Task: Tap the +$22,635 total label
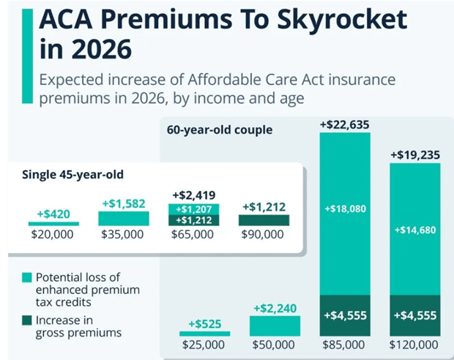click(x=345, y=125)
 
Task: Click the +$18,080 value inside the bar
click(x=345, y=209)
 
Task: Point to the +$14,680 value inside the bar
click(x=415, y=230)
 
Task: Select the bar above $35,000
click(x=123, y=219)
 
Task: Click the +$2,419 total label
click(x=193, y=196)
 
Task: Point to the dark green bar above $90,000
click(x=264, y=220)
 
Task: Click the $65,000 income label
click(x=193, y=235)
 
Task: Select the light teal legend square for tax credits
click(x=27, y=277)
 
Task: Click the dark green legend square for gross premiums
click(x=27, y=320)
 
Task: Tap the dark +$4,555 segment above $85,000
click(x=345, y=315)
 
